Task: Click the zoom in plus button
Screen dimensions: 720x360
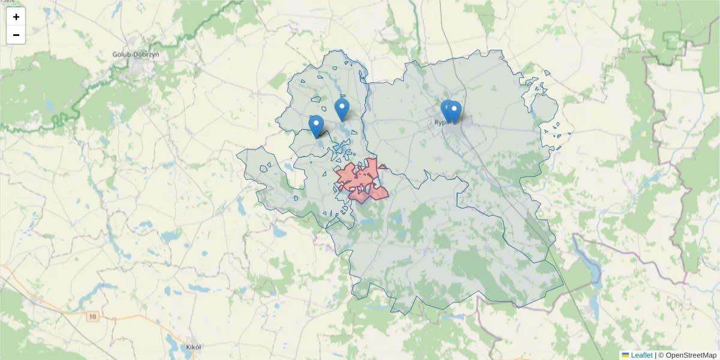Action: click(x=16, y=17)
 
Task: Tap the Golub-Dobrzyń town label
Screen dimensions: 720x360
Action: click(x=136, y=55)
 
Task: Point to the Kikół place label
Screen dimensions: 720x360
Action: click(x=193, y=347)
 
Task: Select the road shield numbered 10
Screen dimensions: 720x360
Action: click(x=92, y=316)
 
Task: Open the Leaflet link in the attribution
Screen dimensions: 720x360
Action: click(x=641, y=355)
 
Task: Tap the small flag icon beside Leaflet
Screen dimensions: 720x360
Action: click(x=625, y=355)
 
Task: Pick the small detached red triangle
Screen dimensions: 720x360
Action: click(x=382, y=166)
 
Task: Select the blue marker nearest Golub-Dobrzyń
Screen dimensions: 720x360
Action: click(x=316, y=126)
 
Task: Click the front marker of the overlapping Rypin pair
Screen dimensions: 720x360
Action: click(x=454, y=112)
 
